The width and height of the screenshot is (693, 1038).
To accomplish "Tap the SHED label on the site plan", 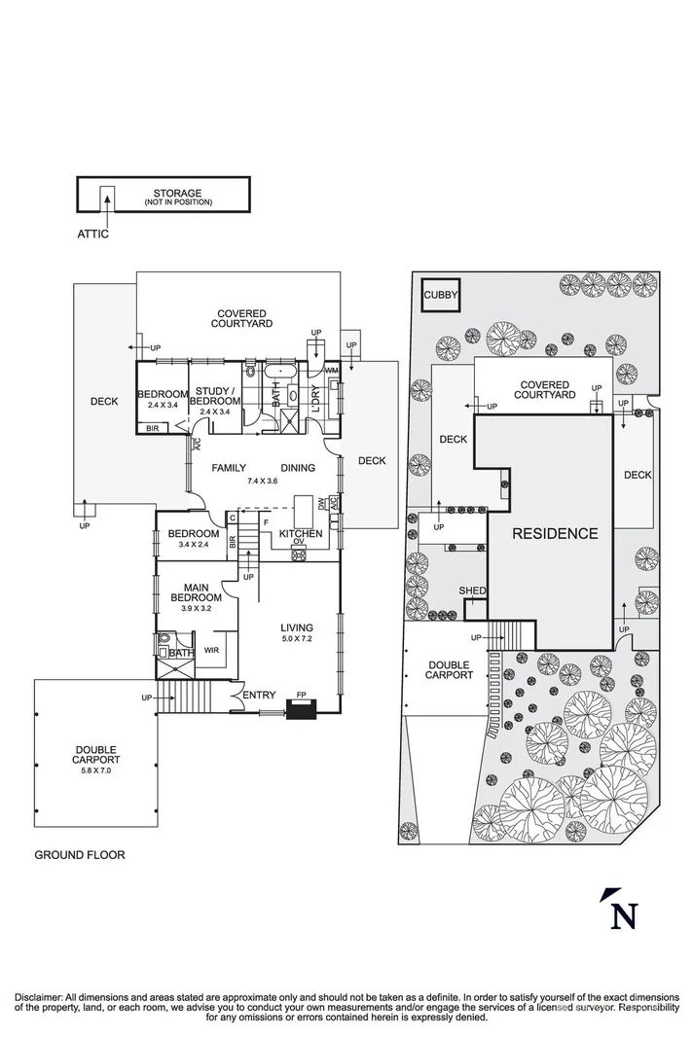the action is tap(472, 591).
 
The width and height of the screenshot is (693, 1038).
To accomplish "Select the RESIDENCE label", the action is tap(555, 533).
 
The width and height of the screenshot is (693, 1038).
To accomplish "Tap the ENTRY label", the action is tap(259, 695).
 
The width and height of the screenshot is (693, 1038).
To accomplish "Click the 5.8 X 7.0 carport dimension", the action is tap(96, 770).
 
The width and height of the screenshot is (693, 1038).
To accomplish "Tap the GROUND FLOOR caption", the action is tap(80, 855).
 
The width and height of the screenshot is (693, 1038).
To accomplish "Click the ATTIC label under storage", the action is tap(93, 234).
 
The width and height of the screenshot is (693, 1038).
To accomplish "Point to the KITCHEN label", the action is tap(300, 535).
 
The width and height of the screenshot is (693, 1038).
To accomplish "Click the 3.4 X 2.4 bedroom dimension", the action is tap(193, 544).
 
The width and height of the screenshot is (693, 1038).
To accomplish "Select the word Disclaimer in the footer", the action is tap(38, 998).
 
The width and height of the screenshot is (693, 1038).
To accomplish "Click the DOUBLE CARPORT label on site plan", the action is tap(450, 669).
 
